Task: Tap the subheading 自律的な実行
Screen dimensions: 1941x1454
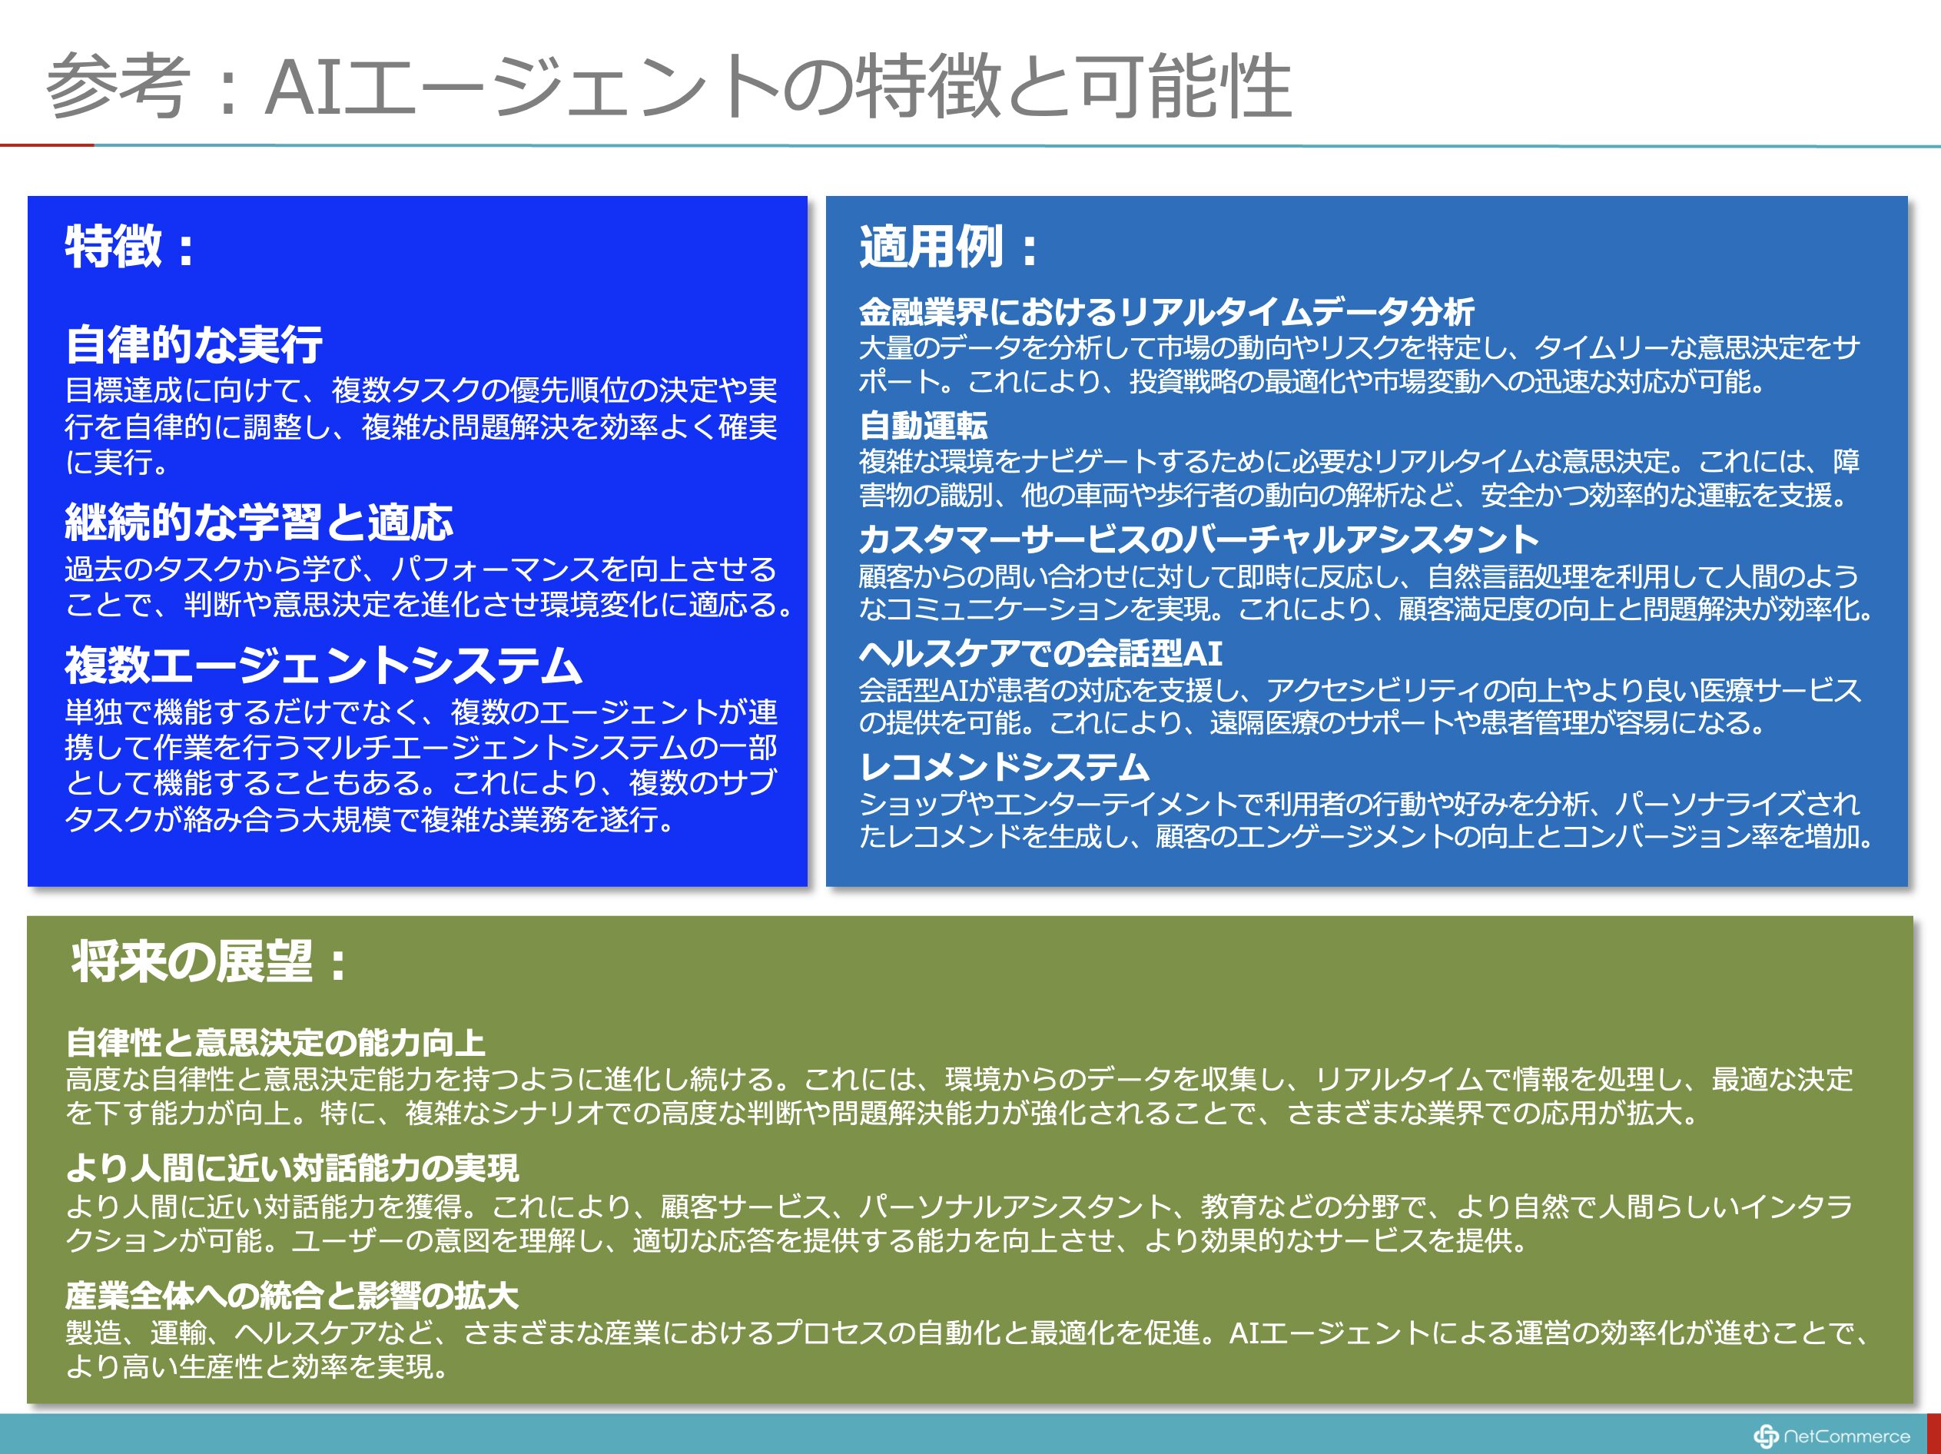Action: coord(194,344)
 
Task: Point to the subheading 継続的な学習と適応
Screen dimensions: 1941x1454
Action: coord(259,522)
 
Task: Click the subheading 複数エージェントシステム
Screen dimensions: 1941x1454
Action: coord(323,666)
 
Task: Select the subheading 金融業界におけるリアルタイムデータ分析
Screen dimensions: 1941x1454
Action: coord(1166,311)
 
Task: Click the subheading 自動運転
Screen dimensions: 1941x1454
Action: coord(923,426)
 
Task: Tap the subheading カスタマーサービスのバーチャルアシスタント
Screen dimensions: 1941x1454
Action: coord(1199,539)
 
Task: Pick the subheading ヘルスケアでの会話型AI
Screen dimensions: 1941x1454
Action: coord(1040,653)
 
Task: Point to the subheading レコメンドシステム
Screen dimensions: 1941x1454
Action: coord(1004,767)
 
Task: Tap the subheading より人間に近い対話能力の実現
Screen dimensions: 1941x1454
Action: coord(292,1168)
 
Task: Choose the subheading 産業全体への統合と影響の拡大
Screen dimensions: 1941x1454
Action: coord(292,1295)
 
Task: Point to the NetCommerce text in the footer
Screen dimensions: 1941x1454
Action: coord(1847,1436)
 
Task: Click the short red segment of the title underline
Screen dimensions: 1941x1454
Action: coord(47,144)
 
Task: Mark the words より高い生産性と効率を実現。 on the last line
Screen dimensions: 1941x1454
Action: coord(258,1366)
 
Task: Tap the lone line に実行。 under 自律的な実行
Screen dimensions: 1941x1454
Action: coord(118,463)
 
